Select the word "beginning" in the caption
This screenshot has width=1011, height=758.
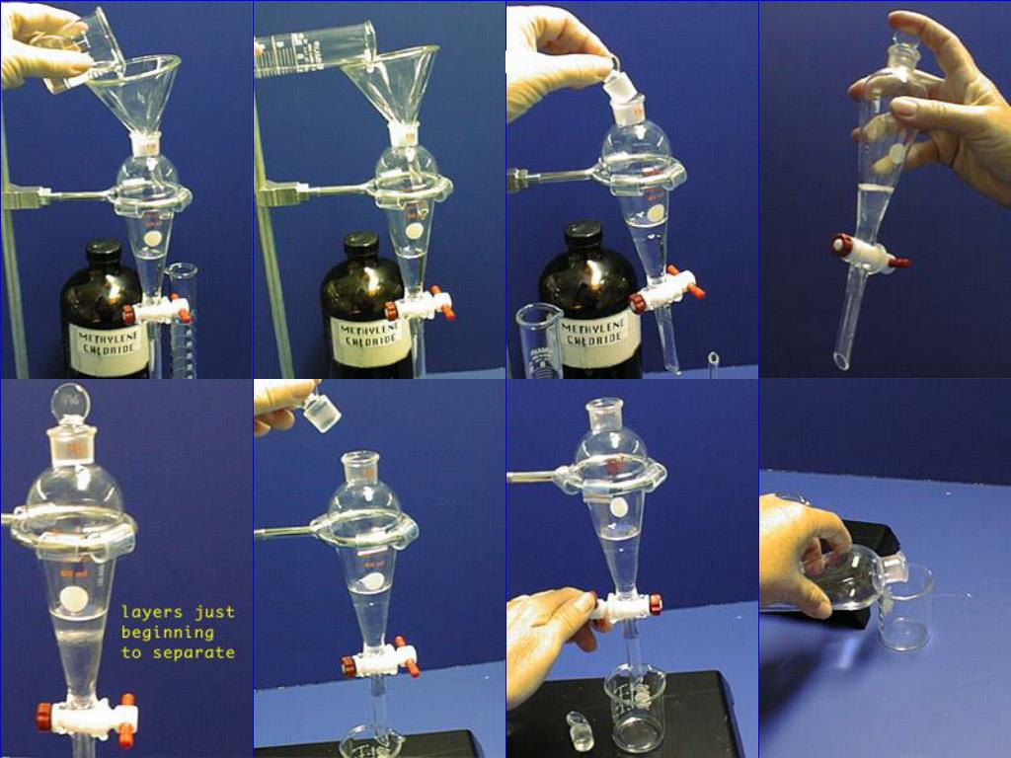click(x=168, y=632)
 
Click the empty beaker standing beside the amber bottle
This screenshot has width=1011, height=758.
click(x=538, y=341)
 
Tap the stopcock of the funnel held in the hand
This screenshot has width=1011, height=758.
click(x=869, y=254)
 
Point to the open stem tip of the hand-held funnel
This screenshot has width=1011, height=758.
click(x=841, y=359)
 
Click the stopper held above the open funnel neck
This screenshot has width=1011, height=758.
click(x=322, y=409)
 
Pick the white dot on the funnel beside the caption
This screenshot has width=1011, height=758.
click(x=74, y=597)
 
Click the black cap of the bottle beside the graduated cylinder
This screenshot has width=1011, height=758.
click(x=104, y=253)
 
